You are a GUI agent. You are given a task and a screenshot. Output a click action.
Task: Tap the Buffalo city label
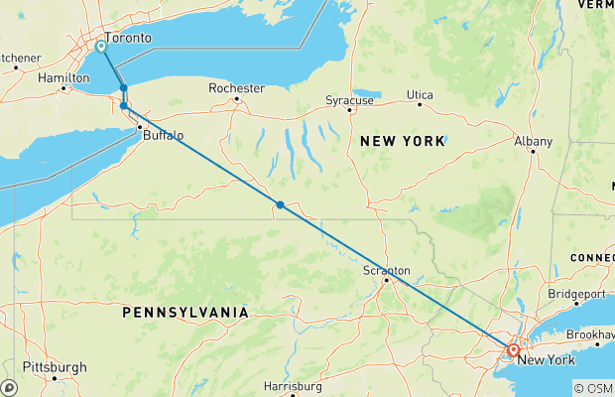(x=163, y=135)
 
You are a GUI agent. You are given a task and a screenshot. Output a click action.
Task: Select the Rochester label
(x=236, y=88)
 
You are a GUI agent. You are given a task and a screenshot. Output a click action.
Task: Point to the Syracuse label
(x=350, y=100)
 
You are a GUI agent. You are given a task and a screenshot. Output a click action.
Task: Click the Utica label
(x=421, y=95)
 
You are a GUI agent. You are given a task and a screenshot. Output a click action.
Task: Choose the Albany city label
(x=533, y=142)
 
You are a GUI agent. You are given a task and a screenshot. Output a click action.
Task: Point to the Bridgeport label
(x=576, y=295)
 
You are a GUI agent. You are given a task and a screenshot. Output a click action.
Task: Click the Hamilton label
(x=64, y=76)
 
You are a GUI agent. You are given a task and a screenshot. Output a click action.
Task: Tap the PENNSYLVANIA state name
(x=184, y=313)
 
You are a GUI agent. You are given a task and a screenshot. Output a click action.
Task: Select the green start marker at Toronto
(x=101, y=46)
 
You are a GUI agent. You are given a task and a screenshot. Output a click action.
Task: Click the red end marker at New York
(x=513, y=349)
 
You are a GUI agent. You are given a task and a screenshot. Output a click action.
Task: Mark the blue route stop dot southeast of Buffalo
(x=281, y=205)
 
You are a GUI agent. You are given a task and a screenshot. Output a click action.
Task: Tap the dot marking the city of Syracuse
(x=349, y=110)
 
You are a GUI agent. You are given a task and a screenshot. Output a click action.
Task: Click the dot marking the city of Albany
(x=533, y=151)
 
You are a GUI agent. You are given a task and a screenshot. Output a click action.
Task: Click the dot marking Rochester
(x=236, y=98)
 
